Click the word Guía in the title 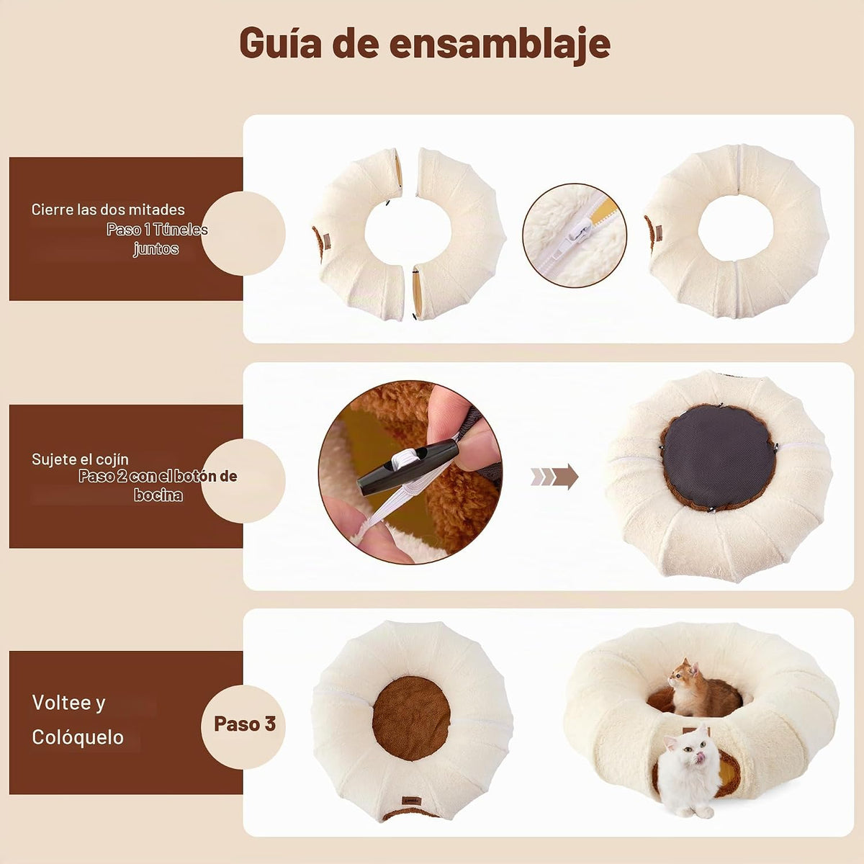[280, 43]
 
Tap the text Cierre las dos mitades [108, 210]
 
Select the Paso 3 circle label [244, 724]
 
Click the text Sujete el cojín [80, 459]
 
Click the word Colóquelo [78, 737]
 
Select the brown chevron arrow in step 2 [554, 476]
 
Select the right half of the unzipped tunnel [459, 234]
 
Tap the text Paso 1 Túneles [157, 230]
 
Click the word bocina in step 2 [158, 495]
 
